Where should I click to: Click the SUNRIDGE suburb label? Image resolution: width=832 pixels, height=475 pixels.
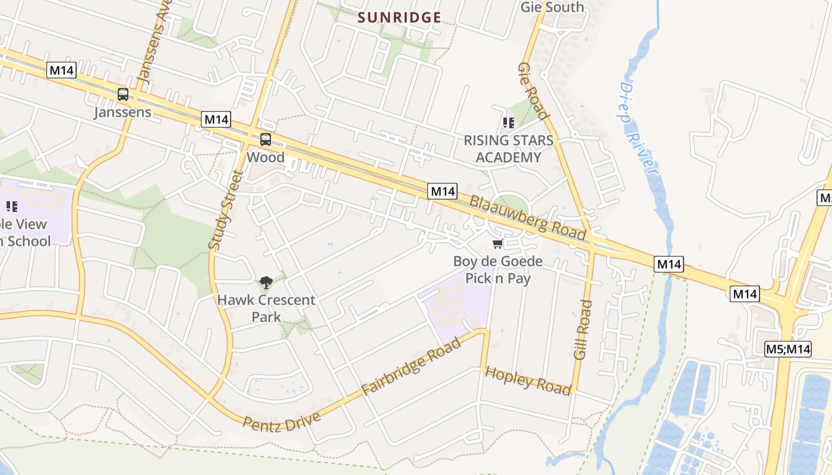399,17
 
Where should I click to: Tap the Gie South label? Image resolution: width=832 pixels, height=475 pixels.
552,7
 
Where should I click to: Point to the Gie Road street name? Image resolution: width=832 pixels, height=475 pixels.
532,90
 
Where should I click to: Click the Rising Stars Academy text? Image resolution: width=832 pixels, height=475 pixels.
508,149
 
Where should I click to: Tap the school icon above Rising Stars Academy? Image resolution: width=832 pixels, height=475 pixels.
508,123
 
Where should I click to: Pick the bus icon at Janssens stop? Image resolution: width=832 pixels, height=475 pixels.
123,94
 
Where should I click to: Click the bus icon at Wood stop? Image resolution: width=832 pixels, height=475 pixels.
266,140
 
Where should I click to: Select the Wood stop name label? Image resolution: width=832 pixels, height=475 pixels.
266,157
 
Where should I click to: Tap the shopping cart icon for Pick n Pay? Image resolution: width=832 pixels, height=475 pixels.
497,244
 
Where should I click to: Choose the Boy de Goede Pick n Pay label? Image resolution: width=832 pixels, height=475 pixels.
497,270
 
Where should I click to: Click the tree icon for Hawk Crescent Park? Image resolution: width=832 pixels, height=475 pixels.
266,283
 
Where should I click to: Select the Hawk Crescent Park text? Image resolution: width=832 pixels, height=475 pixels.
266,308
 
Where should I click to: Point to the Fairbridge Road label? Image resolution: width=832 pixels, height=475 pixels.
411,366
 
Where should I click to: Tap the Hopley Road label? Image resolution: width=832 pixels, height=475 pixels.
528,381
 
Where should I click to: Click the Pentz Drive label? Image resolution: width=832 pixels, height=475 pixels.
282,421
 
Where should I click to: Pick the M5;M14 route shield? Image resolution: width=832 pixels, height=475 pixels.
787,349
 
